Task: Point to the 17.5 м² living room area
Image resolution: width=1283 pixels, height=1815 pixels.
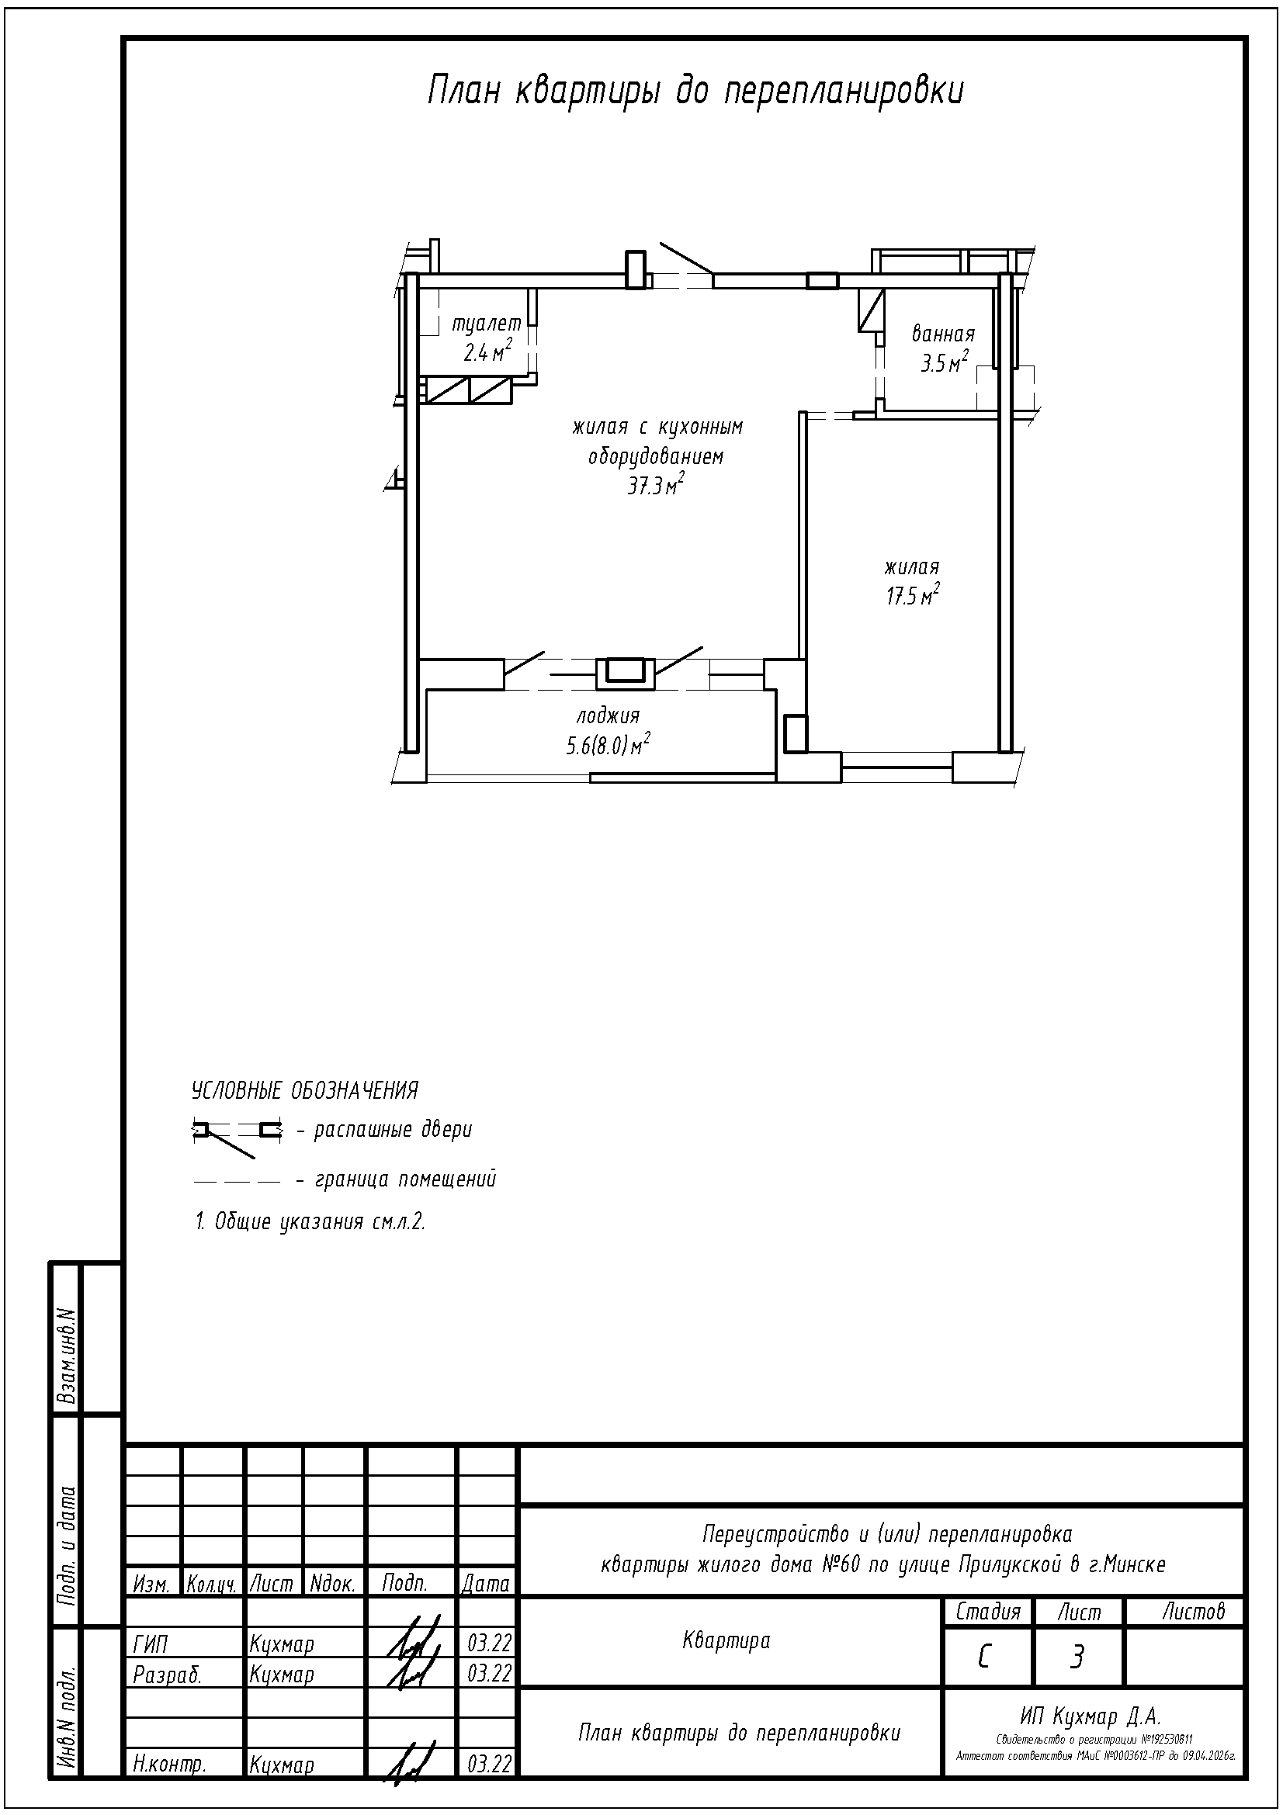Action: (913, 594)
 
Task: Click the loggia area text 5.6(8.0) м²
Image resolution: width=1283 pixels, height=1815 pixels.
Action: (608, 744)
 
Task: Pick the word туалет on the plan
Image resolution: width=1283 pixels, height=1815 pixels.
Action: (487, 324)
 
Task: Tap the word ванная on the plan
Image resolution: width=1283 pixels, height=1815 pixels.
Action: (943, 334)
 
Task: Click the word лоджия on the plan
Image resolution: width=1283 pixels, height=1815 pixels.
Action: (608, 716)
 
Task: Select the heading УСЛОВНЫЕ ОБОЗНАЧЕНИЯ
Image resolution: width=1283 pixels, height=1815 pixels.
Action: (304, 1091)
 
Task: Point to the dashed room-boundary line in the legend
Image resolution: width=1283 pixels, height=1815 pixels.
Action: (238, 1183)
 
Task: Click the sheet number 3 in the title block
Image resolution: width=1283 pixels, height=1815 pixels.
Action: (1077, 1657)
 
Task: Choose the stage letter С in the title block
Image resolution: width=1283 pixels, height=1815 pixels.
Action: (984, 1657)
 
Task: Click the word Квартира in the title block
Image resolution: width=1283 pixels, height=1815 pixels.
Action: (726, 1641)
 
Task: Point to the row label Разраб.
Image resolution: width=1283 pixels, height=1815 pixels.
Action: (168, 1675)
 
